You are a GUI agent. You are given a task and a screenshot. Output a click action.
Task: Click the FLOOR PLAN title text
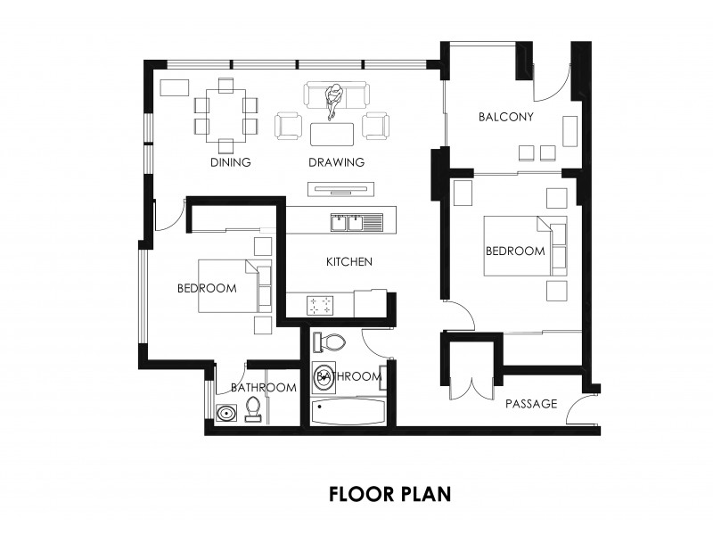pos(389,493)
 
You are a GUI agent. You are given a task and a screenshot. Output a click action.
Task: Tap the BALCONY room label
pos(505,117)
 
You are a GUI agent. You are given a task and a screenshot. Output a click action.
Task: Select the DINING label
pos(230,162)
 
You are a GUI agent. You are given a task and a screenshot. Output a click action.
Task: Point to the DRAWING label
pos(336,162)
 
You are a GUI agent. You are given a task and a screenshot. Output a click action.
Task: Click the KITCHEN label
pos(348,261)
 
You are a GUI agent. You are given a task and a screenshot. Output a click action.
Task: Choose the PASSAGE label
pos(531,404)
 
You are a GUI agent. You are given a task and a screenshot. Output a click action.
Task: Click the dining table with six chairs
pos(226,115)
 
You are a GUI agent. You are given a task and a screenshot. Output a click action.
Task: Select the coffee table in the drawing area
pos(332,133)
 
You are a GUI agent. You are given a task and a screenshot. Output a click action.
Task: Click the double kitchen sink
pos(348,221)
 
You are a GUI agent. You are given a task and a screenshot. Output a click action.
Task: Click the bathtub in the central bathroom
pos(348,413)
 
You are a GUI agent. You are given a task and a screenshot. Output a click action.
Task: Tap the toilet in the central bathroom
pos(332,341)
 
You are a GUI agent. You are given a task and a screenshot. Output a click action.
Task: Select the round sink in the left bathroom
pos(226,413)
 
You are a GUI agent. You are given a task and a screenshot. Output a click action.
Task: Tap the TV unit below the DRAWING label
pos(340,188)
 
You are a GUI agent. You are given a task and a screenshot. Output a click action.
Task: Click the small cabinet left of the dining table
pos(175,87)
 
